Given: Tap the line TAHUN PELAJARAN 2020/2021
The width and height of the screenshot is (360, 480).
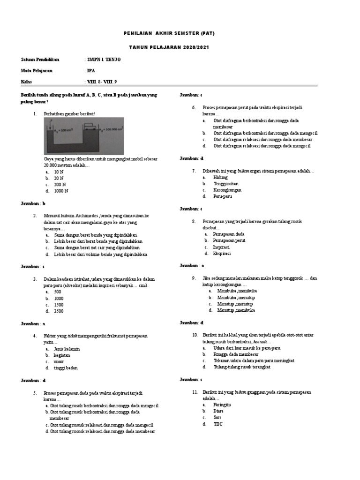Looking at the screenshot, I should pyautogui.click(x=169, y=48).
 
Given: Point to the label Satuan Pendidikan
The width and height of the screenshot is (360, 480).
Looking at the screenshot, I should pyautogui.click(x=40, y=60).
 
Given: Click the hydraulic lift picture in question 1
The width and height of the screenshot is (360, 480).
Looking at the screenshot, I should pyautogui.click(x=84, y=135).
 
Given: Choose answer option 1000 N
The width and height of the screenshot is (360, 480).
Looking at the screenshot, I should pyautogui.click(x=61, y=191).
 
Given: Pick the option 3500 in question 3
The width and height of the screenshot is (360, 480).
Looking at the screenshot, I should pyautogui.click(x=59, y=311).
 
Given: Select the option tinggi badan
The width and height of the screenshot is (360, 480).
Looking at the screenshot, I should pyautogui.click(x=66, y=368).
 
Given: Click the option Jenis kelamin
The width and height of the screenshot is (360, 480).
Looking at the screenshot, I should pyautogui.click(x=67, y=349).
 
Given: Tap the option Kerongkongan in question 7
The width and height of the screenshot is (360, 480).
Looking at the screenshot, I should pyautogui.click(x=227, y=190).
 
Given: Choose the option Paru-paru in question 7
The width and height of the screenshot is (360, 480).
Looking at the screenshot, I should pyautogui.click(x=223, y=196).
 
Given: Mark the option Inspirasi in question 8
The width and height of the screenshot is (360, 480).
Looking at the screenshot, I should pyautogui.click(x=222, y=247).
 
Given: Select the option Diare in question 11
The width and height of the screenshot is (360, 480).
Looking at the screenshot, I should pyautogui.click(x=218, y=411).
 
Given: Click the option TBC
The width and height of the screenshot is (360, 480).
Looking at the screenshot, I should pyautogui.click(x=218, y=424).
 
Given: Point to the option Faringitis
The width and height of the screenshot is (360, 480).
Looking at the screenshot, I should pyautogui.click(x=222, y=405).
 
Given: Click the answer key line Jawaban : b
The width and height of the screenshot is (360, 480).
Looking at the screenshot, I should pyautogui.click(x=33, y=204).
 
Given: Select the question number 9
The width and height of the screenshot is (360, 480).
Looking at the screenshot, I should pyautogui.click(x=194, y=278).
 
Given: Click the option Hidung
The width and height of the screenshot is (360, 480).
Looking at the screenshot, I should pyautogui.click(x=220, y=178).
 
